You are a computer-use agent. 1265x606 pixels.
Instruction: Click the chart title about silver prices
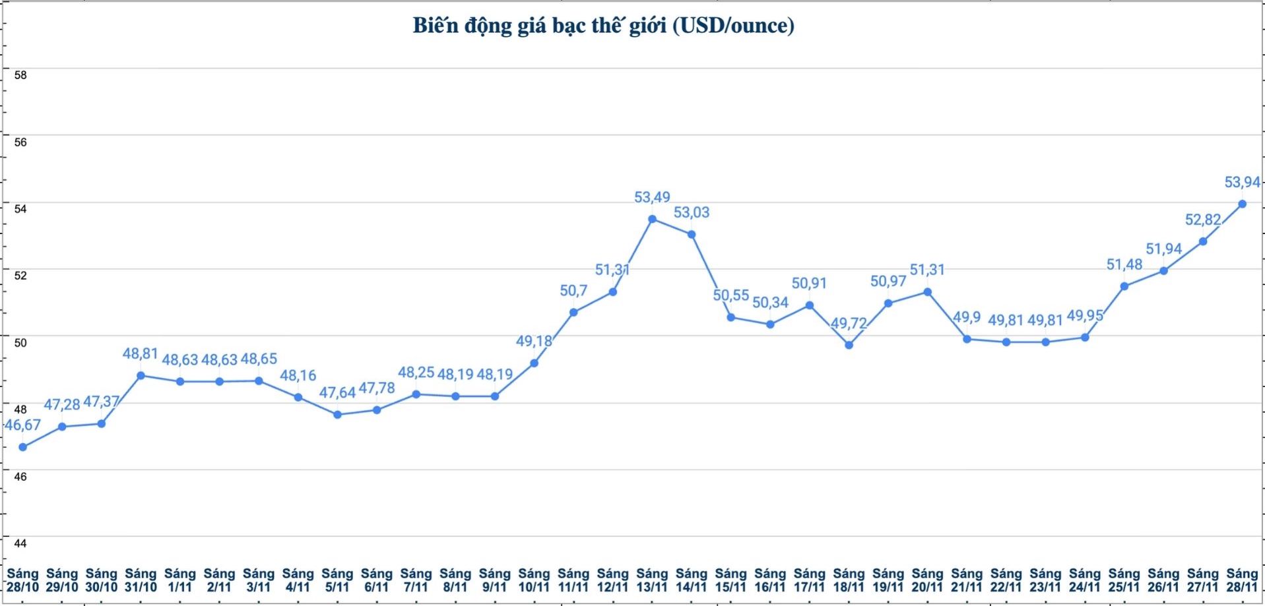point(603,26)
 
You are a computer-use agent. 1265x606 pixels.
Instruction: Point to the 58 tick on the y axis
point(20,75)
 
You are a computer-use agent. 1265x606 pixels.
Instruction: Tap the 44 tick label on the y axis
point(20,543)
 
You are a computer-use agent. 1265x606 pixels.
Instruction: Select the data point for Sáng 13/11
point(652,219)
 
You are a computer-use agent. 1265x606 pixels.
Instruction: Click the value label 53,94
point(1242,182)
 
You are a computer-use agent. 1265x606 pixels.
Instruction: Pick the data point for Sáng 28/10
point(22,447)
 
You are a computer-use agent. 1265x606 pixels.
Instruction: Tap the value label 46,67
point(23,425)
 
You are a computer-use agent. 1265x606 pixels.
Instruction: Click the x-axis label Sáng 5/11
point(337,580)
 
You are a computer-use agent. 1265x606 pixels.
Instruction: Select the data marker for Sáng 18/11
point(849,345)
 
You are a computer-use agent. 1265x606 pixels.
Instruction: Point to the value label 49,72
point(849,324)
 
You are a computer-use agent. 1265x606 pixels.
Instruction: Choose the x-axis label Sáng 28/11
point(1242,580)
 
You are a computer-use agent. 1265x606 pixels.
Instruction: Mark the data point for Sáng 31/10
point(141,375)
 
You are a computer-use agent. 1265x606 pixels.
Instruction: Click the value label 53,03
point(692,212)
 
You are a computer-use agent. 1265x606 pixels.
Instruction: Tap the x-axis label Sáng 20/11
point(927,580)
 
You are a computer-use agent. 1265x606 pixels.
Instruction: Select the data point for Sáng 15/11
point(730,317)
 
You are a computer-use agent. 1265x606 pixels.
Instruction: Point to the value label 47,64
point(337,393)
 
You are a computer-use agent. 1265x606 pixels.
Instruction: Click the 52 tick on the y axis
point(20,276)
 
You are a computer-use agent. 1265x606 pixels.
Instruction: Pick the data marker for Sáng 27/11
point(1203,241)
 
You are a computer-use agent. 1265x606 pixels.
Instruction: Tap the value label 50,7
point(573,291)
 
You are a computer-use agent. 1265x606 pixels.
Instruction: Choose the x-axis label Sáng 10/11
point(534,580)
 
